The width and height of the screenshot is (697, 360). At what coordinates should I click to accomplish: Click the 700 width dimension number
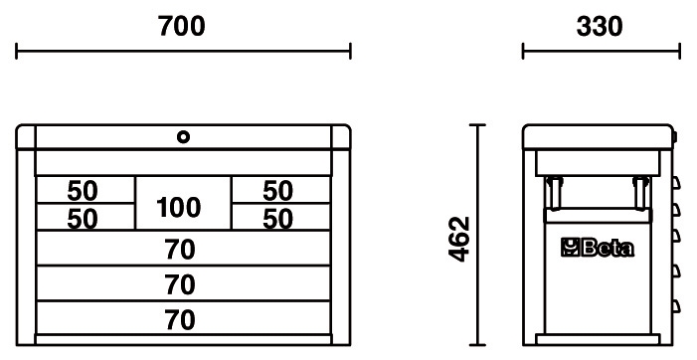coord(182,26)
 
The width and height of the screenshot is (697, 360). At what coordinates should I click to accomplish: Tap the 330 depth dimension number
coord(600,26)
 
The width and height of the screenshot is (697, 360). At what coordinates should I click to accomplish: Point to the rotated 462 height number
coord(459,239)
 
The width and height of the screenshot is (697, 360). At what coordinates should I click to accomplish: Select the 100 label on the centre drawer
coord(178,208)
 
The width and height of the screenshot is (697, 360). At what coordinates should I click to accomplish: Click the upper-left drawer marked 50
coord(86,190)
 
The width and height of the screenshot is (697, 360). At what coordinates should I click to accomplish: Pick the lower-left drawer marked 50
coord(86,217)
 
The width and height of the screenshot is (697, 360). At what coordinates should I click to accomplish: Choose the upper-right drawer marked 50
coord(281,190)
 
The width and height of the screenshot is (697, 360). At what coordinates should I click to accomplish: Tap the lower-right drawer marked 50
coord(281,217)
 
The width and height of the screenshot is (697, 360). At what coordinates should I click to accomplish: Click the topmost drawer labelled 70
coord(183,248)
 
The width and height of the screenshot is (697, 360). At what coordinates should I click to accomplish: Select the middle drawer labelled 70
coord(183,283)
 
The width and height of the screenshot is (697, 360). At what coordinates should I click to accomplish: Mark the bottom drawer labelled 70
coord(183,318)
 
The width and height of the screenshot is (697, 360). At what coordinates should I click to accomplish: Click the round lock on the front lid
coord(183,137)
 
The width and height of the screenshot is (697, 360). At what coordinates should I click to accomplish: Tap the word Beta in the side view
coord(608,248)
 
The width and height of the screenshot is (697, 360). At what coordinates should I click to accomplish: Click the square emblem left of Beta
coord(569,248)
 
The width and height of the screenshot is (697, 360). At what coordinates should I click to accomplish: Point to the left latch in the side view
coord(553,192)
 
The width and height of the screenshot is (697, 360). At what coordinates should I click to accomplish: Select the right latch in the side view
coord(640,192)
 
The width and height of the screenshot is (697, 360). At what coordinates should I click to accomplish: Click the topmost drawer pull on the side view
coord(676,183)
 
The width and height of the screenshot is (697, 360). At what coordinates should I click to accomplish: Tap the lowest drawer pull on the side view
coord(676,306)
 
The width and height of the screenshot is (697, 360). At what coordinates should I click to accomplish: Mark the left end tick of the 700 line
coord(17,51)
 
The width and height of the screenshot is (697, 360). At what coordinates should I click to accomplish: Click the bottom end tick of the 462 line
coord(477,344)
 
